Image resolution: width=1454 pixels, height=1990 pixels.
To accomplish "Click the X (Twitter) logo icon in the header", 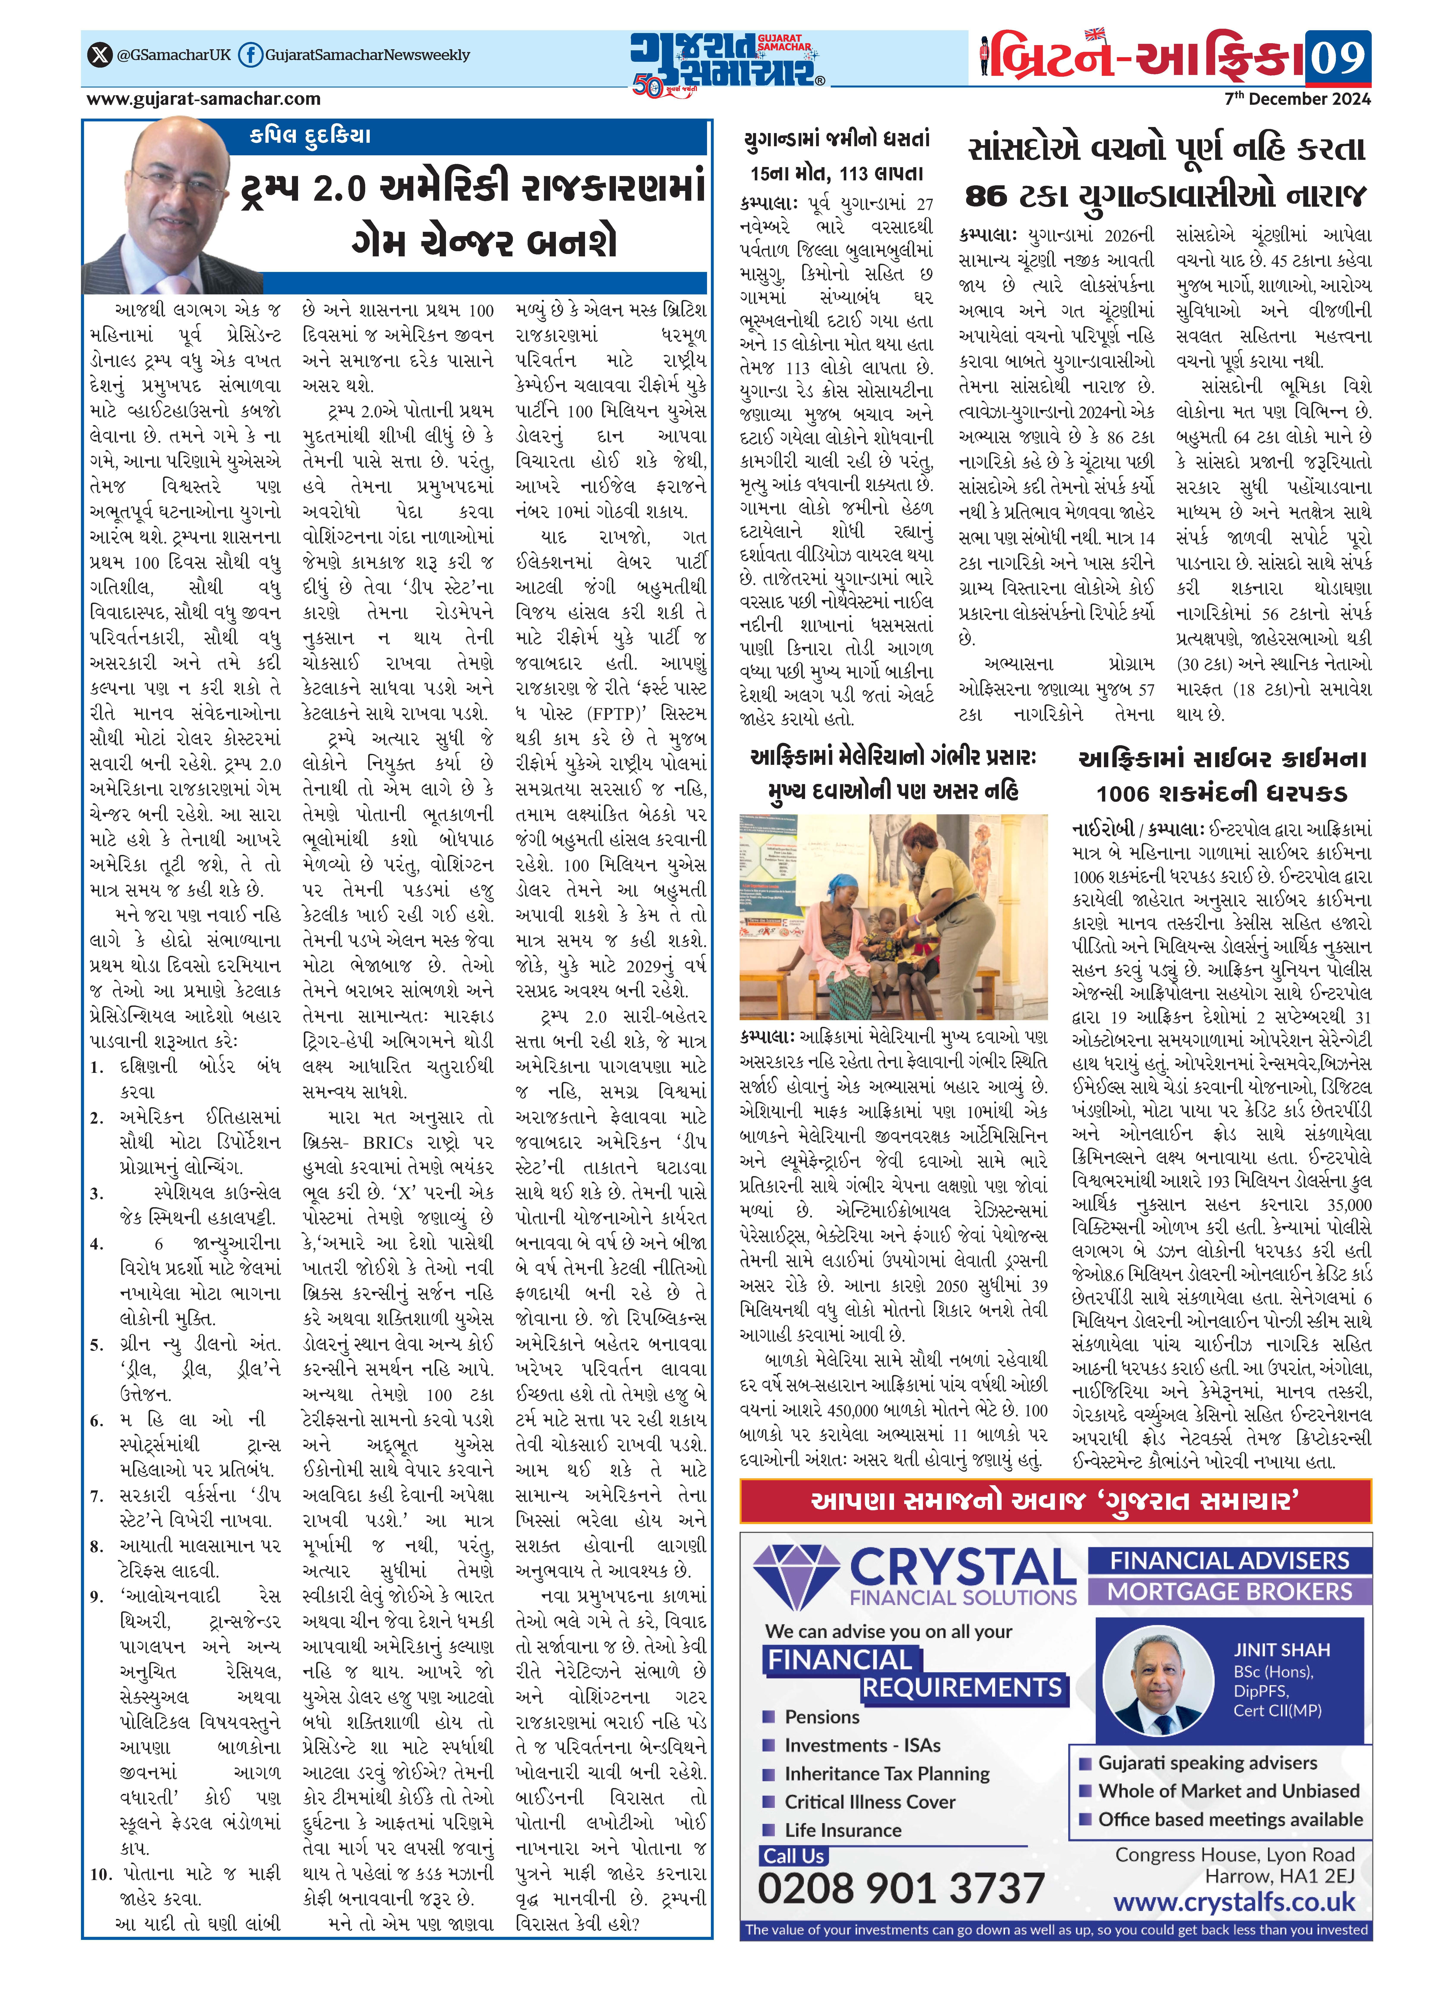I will click(100, 55).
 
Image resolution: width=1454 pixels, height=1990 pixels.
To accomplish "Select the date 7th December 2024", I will click(1297, 98).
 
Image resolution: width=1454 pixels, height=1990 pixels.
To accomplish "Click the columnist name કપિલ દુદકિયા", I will click(310, 137).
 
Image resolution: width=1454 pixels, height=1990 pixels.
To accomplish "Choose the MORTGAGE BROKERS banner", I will click(1230, 1591).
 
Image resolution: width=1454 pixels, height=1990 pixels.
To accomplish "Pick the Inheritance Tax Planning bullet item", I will click(886, 1774).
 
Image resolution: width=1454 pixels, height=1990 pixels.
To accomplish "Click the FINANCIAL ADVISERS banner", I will click(1230, 1561).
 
